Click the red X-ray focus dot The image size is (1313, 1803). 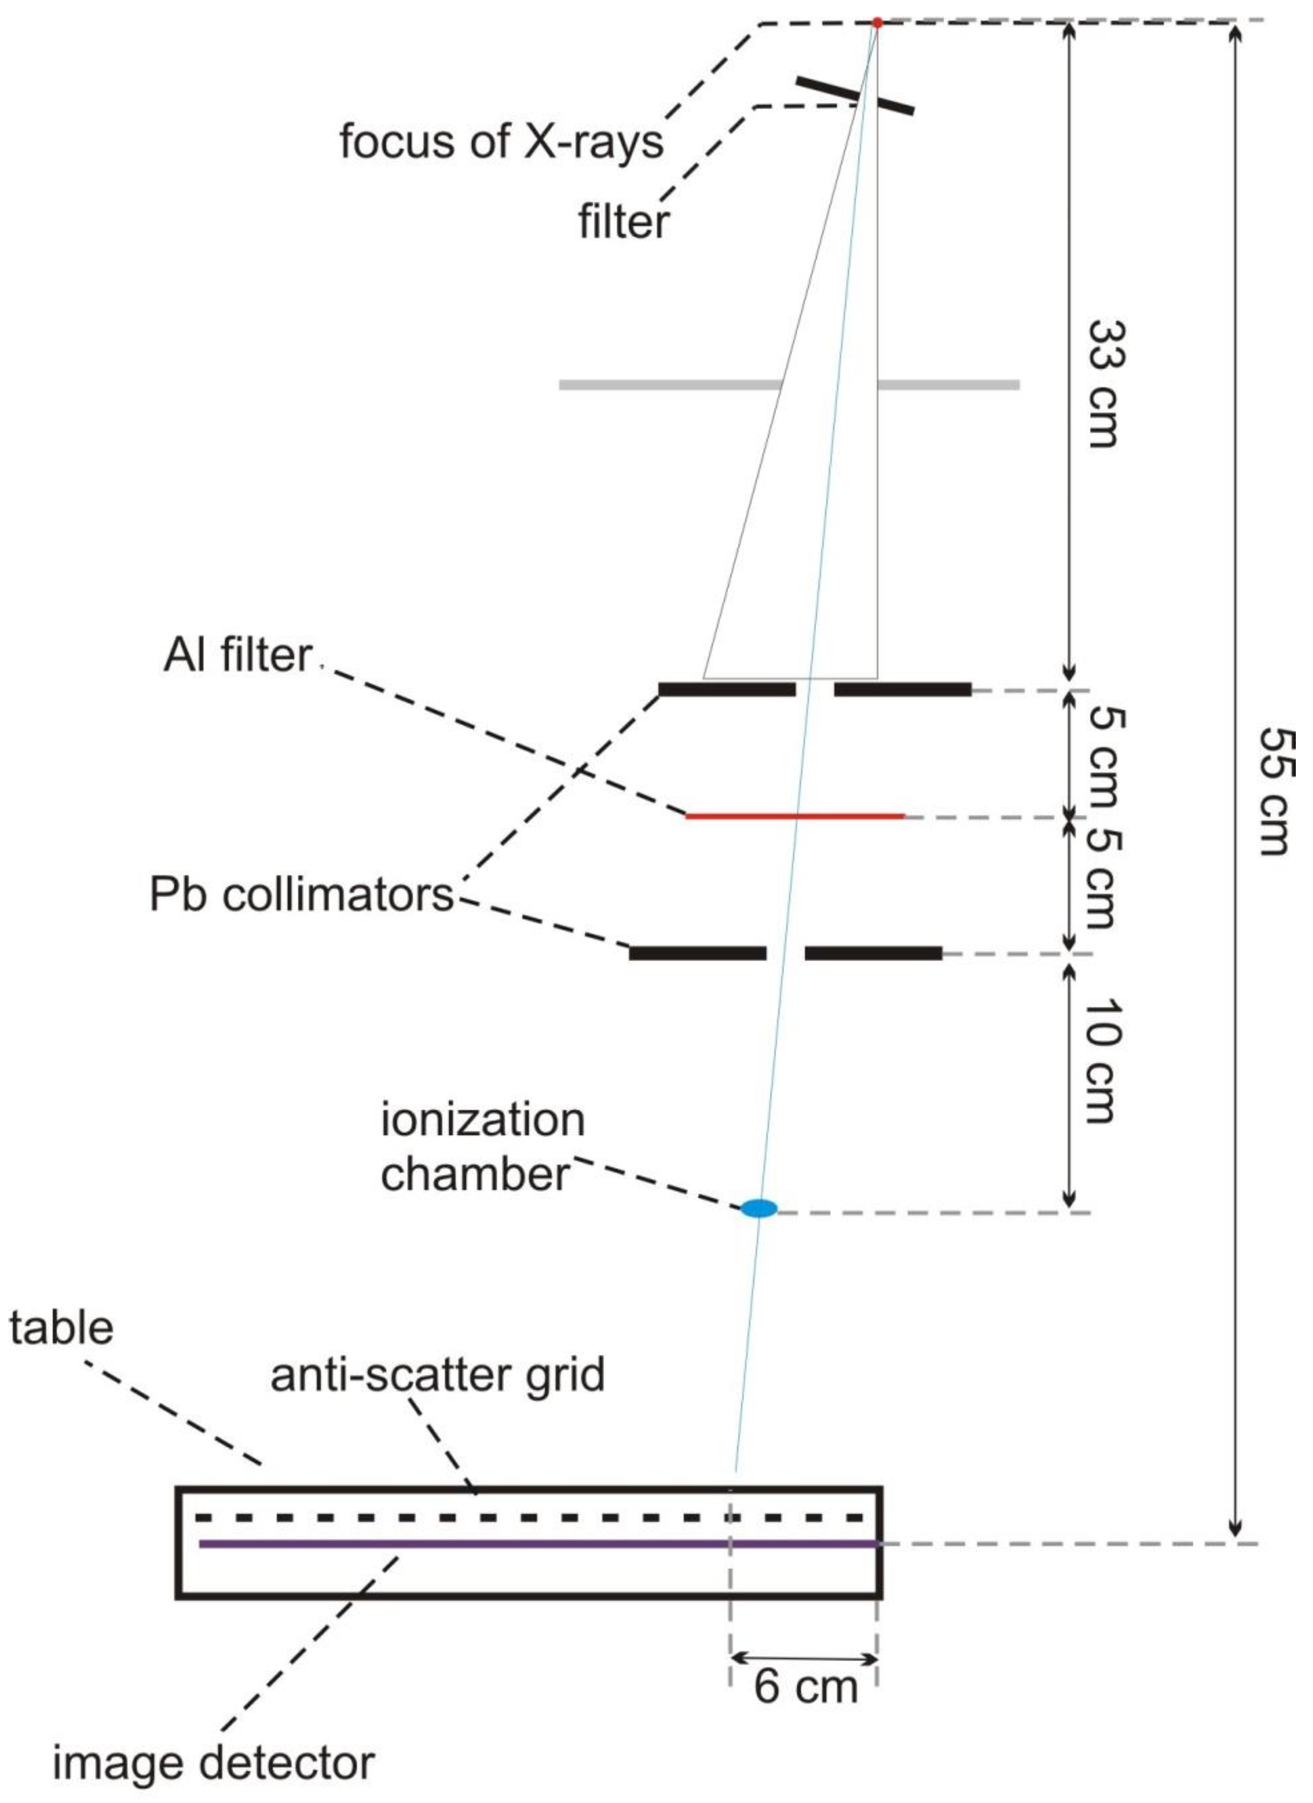coord(877,22)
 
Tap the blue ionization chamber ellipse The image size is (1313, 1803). coord(758,1209)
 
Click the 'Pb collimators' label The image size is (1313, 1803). coord(301,895)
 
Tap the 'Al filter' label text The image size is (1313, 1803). coord(237,656)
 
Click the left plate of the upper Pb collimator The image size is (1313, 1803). coord(727,689)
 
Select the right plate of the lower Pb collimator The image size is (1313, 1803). coord(873,952)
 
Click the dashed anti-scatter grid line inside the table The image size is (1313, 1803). coord(530,1517)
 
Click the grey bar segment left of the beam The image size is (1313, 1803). coord(668,385)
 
